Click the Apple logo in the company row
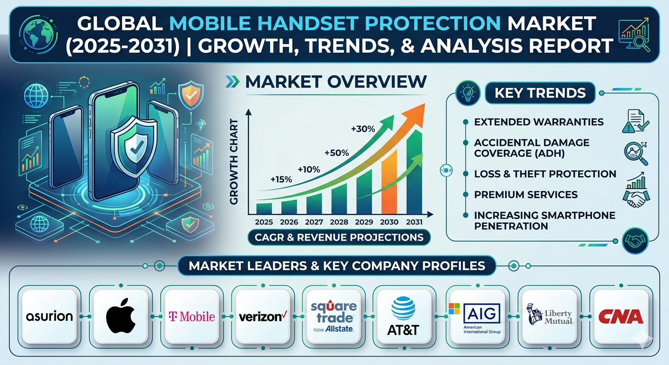point(121,316)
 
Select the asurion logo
point(49,317)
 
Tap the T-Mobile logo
point(192,317)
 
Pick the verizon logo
point(263,317)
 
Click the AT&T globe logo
point(403,308)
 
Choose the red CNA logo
point(621,317)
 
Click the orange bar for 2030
point(389,182)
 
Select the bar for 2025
point(264,209)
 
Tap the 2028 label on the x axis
point(339,222)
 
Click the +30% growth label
point(363,129)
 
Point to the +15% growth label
point(281,180)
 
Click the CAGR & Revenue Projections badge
point(339,238)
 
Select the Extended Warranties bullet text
point(539,122)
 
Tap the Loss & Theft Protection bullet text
point(545,174)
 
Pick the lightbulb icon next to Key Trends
point(468,93)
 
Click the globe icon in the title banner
point(38,34)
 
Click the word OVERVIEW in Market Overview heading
point(377,82)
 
